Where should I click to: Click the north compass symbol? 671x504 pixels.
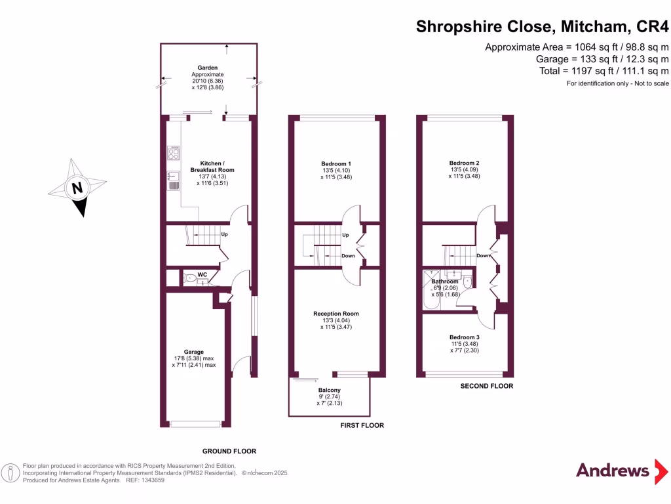(x=78, y=187)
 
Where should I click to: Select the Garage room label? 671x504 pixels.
(x=193, y=352)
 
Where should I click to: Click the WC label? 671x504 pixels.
(x=202, y=274)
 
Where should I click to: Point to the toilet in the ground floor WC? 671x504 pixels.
(x=189, y=279)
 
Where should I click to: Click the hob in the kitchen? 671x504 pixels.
(x=174, y=153)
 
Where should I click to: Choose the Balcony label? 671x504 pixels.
(x=329, y=389)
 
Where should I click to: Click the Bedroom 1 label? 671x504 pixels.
(x=336, y=163)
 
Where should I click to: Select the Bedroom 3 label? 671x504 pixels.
(x=465, y=337)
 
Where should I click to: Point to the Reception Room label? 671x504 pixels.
(x=336, y=314)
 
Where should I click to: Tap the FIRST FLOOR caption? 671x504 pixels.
(x=362, y=425)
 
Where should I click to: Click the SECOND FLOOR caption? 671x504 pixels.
(x=487, y=386)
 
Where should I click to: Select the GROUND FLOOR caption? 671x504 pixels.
(x=229, y=451)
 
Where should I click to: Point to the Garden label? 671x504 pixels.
(x=208, y=68)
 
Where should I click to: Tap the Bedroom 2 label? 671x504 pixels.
(x=465, y=163)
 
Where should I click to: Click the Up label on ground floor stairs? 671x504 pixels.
(x=224, y=234)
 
